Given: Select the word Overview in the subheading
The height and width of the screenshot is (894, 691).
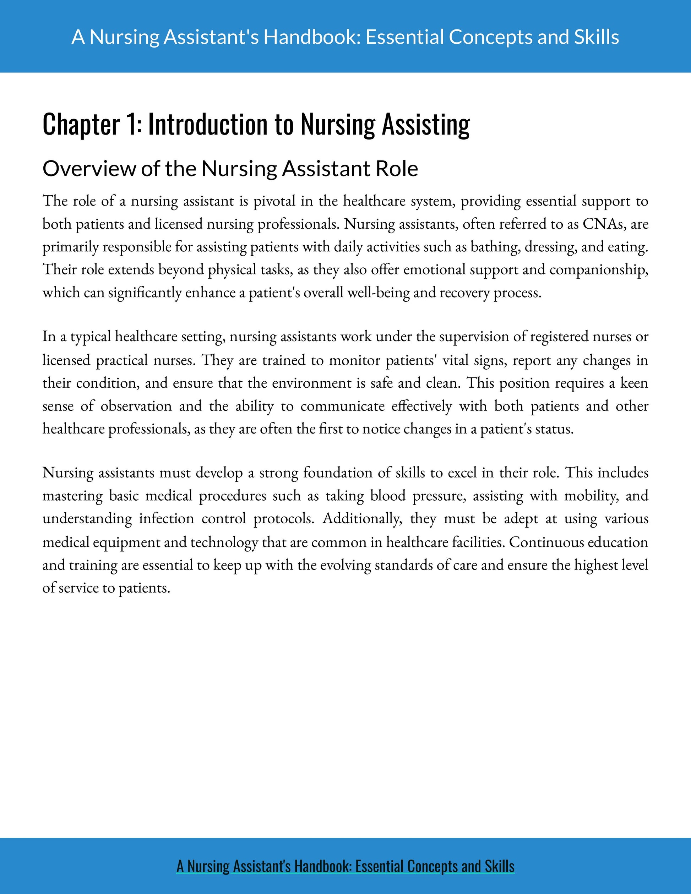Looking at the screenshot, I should click(89, 169).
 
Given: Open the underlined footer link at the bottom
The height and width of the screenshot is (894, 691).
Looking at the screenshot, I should click(345, 866).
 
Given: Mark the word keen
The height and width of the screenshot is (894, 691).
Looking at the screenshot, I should click(634, 383).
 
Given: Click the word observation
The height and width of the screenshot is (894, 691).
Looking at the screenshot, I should click(136, 406).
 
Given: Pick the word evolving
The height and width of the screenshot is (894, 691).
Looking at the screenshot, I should click(345, 565).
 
